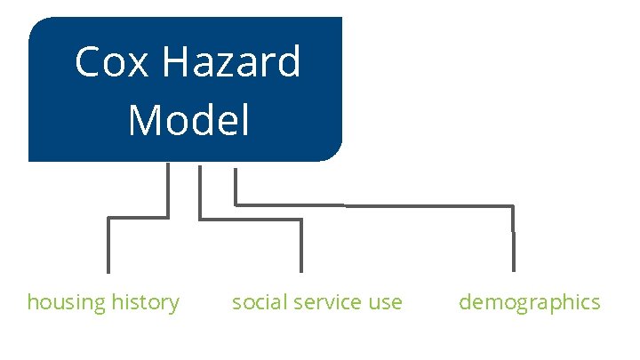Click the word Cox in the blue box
[x=101, y=63]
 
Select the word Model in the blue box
[x=188, y=120]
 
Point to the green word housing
[x=66, y=303]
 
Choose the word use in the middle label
[x=385, y=302]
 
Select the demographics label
[x=530, y=303]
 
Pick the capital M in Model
[x=144, y=120]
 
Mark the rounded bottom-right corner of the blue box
[x=334, y=154]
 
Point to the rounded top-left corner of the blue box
[x=36, y=25]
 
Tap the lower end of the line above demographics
[x=513, y=268]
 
